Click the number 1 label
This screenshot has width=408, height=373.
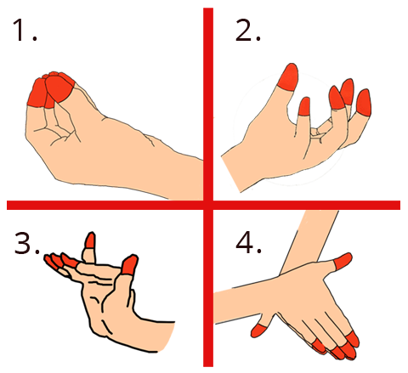point(25,30)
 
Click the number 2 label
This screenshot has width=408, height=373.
point(247,30)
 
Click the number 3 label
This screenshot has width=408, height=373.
point(27,243)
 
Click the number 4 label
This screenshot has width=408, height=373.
point(248,243)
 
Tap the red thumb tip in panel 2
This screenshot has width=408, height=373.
point(288,77)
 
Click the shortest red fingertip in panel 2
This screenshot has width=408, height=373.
point(304,106)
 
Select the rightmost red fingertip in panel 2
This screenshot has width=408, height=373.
point(364,103)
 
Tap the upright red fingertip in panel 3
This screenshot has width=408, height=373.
point(90,240)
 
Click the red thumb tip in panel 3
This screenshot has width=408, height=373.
point(129,265)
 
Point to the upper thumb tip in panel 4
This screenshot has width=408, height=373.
point(343,261)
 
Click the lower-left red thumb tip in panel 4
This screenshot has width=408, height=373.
point(258,331)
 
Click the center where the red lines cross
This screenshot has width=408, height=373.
point(208,205)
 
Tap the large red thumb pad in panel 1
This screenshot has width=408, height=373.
point(59,88)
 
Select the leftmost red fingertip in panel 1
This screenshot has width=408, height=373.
point(37,93)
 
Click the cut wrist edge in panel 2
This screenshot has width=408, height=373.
point(231,173)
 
